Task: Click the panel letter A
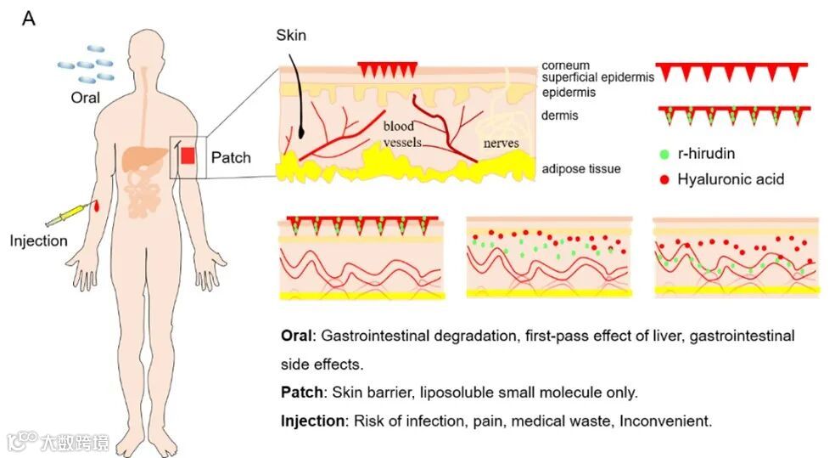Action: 28,18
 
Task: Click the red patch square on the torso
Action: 188,155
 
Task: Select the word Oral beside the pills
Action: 86,97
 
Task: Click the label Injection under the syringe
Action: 38,240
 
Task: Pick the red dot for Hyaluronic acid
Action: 663,179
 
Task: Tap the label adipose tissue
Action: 580,168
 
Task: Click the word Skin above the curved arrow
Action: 290,36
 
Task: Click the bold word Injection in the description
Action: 311,421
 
